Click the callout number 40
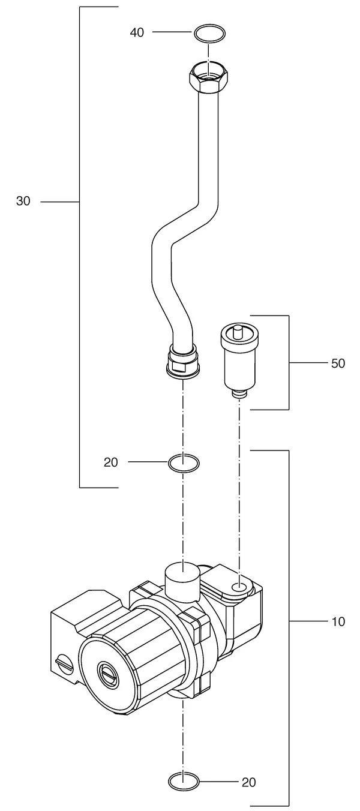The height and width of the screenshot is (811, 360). pos(137,32)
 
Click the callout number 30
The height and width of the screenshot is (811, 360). pos(23,201)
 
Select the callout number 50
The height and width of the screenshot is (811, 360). pos(338,363)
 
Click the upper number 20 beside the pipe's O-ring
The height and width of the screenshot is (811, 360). pos(111,462)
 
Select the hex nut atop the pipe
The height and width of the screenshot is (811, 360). pos(209,77)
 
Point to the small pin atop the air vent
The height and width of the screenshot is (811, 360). pos(238,332)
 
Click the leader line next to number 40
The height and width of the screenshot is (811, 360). pos(172,32)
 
